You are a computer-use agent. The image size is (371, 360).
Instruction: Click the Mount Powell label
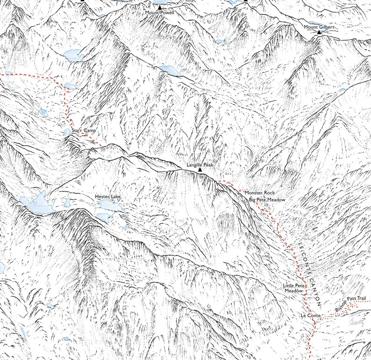[x=159, y=13]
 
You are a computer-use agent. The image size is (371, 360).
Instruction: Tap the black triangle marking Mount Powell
[x=159, y=7]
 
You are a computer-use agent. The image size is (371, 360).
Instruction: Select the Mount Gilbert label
[x=319, y=27]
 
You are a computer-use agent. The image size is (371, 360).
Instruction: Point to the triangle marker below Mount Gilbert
[x=319, y=33]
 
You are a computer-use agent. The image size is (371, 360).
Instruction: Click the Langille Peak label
[x=200, y=165]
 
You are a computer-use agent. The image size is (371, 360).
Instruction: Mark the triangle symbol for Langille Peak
[x=200, y=171]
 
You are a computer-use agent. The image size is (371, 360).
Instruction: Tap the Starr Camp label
[x=84, y=131]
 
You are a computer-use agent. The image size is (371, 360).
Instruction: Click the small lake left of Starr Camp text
[x=68, y=132]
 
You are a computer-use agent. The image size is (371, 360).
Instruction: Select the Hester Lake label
[x=107, y=197]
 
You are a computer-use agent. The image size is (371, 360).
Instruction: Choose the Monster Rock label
[x=259, y=192]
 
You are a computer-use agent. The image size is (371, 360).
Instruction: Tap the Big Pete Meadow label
[x=267, y=199]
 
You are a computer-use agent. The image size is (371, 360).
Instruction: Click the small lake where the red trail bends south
[x=70, y=85]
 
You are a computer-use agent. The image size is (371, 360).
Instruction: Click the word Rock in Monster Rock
[x=268, y=192]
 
